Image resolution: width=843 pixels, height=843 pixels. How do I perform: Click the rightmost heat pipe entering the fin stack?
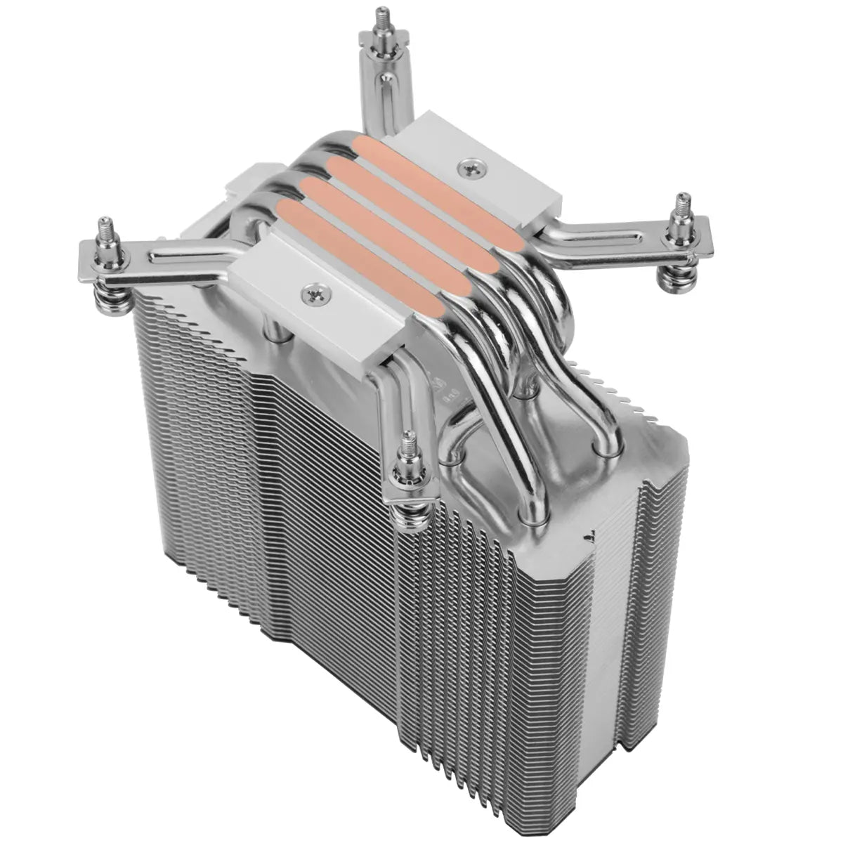(x=604, y=436)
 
